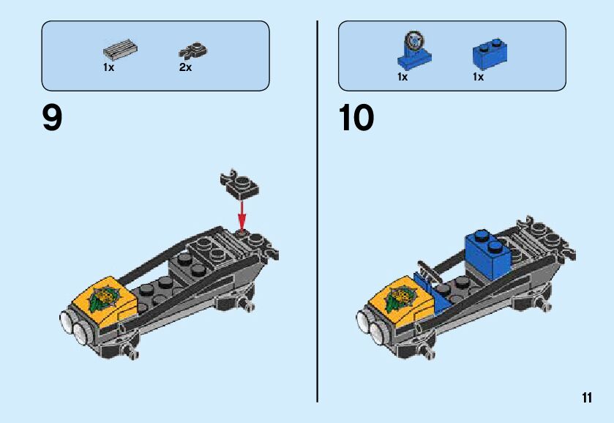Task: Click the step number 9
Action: pos(52,119)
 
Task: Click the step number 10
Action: pos(356,119)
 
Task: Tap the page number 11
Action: pos(587,397)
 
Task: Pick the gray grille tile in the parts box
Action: pos(121,50)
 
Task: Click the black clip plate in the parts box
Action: pos(193,50)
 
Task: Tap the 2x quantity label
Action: pos(185,67)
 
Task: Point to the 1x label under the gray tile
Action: pos(108,67)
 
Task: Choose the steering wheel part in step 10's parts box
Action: pos(413,46)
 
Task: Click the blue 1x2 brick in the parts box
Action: pos(490,51)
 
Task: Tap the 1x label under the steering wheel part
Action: pos(403,77)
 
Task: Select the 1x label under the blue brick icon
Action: pos(478,77)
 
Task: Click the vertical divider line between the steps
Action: pos(318,212)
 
